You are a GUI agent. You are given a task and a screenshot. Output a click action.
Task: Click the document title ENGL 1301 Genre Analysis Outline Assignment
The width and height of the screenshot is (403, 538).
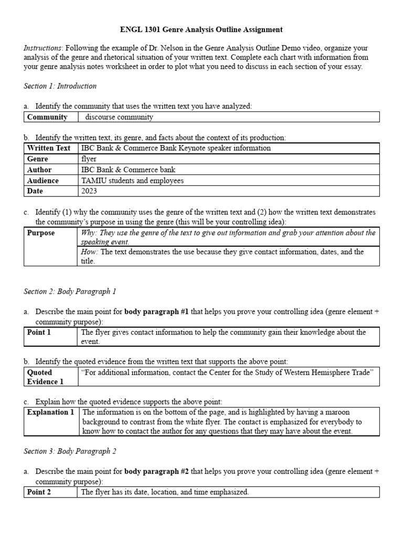pyautogui.click(x=201, y=30)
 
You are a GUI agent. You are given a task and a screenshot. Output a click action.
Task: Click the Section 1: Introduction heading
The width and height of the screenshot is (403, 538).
pyautogui.click(x=60, y=86)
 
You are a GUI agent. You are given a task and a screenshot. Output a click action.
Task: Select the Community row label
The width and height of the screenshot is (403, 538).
pyautogui.click(x=47, y=117)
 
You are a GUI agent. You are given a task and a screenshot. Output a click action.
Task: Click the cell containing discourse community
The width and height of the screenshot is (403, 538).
pyautogui.click(x=119, y=117)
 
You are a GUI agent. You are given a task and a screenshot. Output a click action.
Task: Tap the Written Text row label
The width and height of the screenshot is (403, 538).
pyautogui.click(x=48, y=148)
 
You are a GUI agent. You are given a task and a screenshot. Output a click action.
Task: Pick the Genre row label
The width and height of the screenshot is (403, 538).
pyautogui.click(x=38, y=159)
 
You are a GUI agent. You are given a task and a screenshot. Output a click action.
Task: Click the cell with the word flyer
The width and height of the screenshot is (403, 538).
pyautogui.click(x=89, y=159)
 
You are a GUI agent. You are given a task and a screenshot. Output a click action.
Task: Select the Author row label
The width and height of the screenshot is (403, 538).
pyautogui.click(x=39, y=170)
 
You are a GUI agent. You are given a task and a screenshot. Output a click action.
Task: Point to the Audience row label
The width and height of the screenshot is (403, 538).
pyautogui.click(x=43, y=180)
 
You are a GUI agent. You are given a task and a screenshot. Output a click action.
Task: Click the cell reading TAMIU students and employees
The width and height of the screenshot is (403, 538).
pyautogui.click(x=133, y=180)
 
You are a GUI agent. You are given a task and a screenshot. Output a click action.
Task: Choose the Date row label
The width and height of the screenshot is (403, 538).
pyautogui.click(x=36, y=191)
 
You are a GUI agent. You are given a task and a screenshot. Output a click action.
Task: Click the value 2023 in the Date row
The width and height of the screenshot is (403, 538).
pyautogui.click(x=89, y=191)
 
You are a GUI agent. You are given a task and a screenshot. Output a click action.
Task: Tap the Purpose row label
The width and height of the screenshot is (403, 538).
pyautogui.click(x=41, y=233)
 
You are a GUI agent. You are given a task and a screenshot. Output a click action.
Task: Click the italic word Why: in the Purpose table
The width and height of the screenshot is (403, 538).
pyautogui.click(x=89, y=233)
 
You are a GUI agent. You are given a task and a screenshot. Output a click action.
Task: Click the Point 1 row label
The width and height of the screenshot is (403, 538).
pyautogui.click(x=39, y=332)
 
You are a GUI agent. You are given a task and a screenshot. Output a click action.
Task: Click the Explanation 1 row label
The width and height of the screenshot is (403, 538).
pyautogui.click(x=50, y=412)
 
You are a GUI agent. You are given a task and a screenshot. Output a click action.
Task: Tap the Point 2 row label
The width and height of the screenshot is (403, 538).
pyautogui.click(x=39, y=492)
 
